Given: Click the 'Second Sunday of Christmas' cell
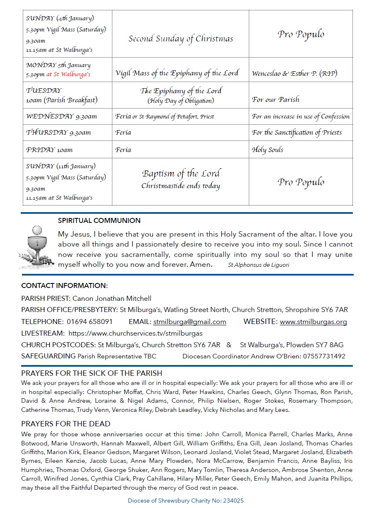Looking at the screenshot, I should [x=181, y=39].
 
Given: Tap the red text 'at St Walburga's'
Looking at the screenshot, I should [x=68, y=75].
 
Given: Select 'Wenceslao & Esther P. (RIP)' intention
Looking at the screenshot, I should [x=294, y=74].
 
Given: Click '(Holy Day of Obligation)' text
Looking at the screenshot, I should [x=181, y=101].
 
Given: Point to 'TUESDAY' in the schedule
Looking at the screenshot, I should [x=44, y=90].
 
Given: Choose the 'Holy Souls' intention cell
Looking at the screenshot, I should [x=267, y=150].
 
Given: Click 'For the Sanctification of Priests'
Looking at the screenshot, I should [x=296, y=133].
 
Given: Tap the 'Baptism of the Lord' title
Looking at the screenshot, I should [x=181, y=173].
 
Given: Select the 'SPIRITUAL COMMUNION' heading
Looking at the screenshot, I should [x=99, y=220].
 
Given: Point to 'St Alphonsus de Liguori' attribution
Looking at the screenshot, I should [x=258, y=265].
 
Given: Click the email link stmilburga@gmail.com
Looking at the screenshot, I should [x=189, y=322].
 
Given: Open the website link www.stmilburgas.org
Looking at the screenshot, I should [x=313, y=322].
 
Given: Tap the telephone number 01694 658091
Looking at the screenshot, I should [x=90, y=322].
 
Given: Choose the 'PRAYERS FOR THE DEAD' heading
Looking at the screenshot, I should [x=66, y=423].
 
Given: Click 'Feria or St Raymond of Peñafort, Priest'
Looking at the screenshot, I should [x=165, y=116].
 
